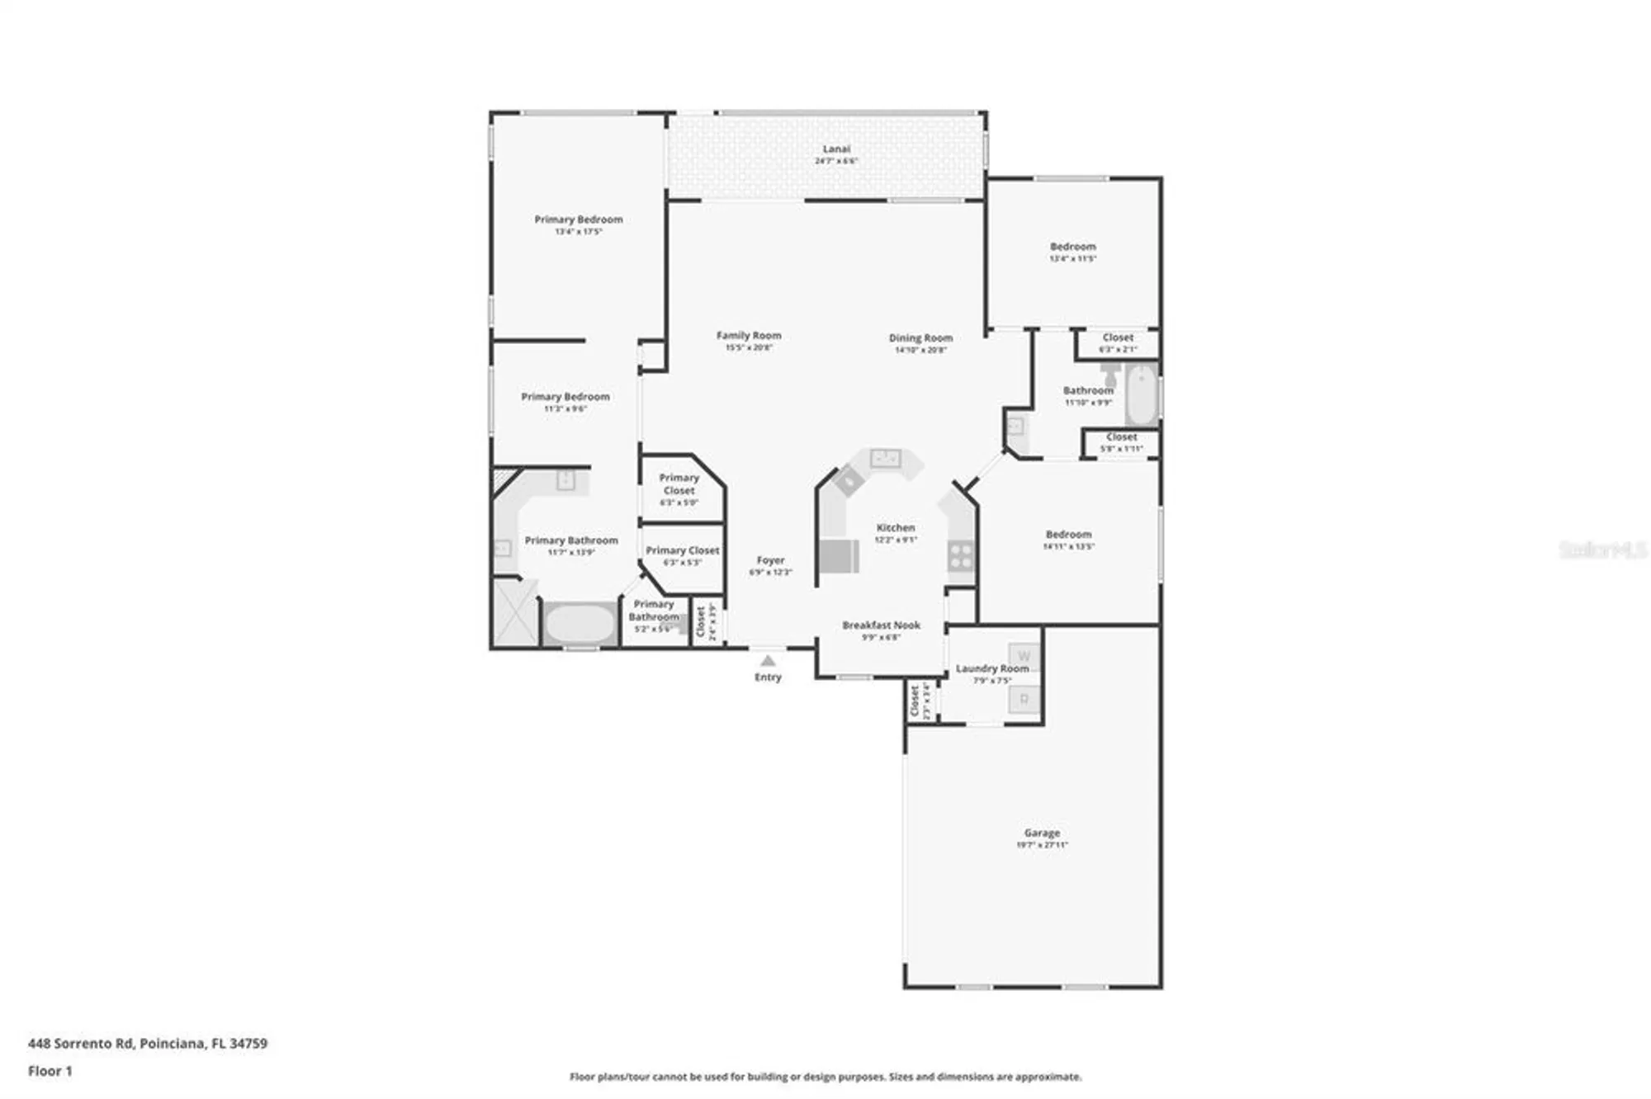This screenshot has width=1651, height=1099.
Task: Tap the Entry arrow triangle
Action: (x=768, y=661)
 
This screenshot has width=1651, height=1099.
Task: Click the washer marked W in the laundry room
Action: (x=1024, y=656)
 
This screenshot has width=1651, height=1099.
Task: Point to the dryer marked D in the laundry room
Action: (x=1024, y=700)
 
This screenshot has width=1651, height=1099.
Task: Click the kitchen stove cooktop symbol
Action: (x=960, y=555)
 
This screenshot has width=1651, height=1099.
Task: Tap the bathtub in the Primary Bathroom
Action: (x=580, y=625)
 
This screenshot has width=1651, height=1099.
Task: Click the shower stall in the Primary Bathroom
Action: (x=515, y=612)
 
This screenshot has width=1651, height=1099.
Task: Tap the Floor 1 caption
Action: (x=50, y=1071)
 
